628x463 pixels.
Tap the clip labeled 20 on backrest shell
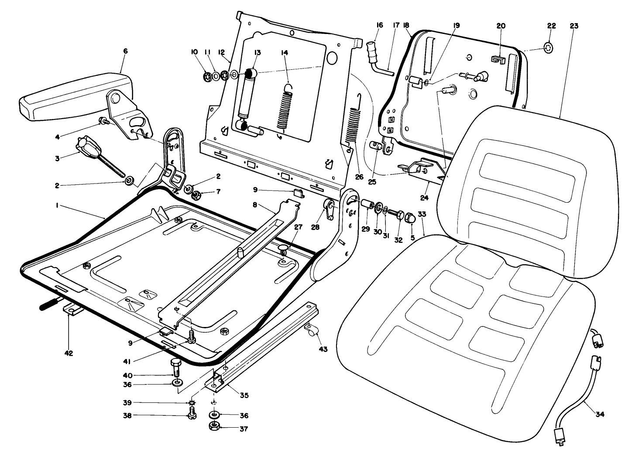496,60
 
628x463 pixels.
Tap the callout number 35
244,395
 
